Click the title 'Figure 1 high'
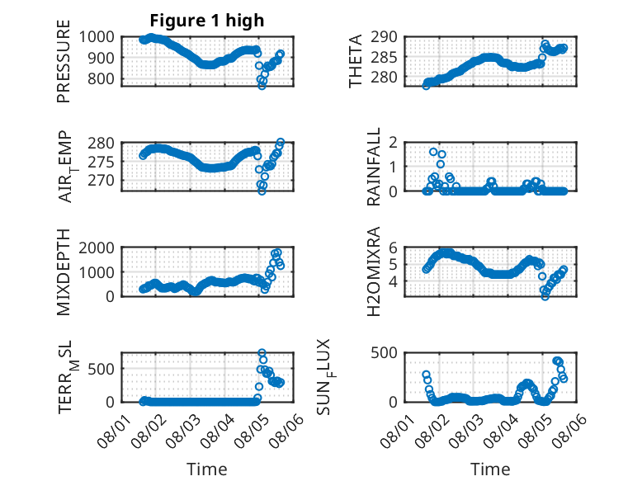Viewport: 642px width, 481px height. (207, 21)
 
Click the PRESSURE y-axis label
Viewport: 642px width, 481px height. (64, 61)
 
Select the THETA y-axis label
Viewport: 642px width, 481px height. (356, 61)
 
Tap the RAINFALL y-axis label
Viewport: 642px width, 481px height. (374, 167)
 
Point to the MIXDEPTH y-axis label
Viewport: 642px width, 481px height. (64, 272)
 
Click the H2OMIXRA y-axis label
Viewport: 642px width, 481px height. (374, 271)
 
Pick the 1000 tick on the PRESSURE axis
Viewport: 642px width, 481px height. (97, 37)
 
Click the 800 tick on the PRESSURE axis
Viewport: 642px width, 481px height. (101, 78)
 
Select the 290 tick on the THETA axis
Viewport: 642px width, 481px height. (384, 37)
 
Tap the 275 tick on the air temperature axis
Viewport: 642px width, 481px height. (101, 162)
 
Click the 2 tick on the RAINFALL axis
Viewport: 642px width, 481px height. (394, 143)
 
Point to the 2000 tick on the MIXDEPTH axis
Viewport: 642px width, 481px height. (97, 248)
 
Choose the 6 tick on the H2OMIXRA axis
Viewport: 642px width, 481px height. (394, 248)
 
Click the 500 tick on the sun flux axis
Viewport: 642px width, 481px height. (384, 353)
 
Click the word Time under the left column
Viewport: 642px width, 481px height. (207, 469)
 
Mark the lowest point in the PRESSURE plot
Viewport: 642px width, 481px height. (262, 86)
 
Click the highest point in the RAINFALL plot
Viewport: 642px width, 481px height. (433, 152)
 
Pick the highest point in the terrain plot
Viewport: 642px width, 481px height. (262, 353)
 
